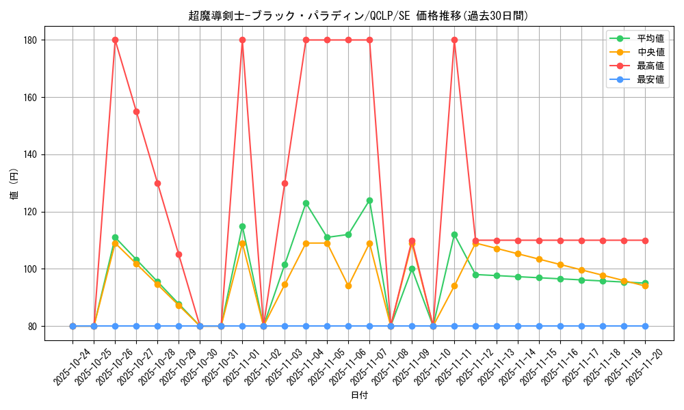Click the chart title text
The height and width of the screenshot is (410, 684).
358,16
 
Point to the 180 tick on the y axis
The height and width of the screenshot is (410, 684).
31,40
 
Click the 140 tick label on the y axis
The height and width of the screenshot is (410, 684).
31,154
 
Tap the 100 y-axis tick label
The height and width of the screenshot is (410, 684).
31,269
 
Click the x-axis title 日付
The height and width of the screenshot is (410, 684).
359,396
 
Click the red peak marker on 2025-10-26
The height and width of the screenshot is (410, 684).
115,40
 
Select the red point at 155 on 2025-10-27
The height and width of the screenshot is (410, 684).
136,111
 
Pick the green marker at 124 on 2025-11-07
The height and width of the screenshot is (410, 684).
369,200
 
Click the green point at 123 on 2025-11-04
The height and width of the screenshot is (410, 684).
306,203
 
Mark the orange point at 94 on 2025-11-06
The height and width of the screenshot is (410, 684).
348,286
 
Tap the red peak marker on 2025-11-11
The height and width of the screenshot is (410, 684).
454,40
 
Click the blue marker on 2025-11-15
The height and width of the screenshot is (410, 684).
539,326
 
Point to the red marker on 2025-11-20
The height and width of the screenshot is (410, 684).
645,241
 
